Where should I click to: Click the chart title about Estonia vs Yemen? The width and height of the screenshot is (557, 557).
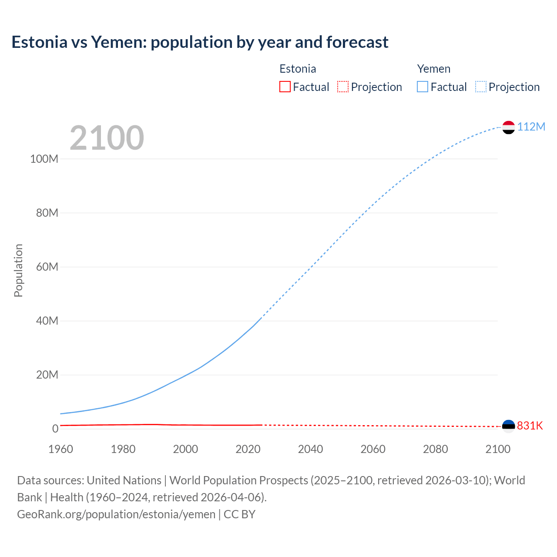coord(200,42)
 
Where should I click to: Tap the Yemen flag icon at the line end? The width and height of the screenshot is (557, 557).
coord(508,127)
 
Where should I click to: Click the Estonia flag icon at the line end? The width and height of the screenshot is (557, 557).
coord(508,426)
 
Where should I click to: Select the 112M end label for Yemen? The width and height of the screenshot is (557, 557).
coord(531,127)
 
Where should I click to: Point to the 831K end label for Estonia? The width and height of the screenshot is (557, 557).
coord(530,426)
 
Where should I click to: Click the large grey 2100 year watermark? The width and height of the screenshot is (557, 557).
coord(107,138)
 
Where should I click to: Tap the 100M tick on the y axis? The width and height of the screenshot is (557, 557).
coord(44,159)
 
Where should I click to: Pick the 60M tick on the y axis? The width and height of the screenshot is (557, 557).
coord(47,267)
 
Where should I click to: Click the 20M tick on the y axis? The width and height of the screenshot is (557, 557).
coord(47,375)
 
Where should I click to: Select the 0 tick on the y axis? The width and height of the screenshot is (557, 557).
coord(55,429)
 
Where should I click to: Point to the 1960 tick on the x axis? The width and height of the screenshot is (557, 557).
coord(60,449)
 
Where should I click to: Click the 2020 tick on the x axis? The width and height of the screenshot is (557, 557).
coord(248,449)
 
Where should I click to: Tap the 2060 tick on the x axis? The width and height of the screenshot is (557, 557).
coord(373,449)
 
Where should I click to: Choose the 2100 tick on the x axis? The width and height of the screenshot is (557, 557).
coord(498,449)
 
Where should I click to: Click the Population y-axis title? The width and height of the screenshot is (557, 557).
coord(18,270)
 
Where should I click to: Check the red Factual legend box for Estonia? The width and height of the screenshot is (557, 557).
coord(285,87)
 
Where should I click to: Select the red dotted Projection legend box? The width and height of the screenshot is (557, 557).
coord(343,87)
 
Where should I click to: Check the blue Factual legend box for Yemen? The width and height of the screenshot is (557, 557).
coord(423,87)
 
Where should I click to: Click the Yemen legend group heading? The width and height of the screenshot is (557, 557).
coord(434,69)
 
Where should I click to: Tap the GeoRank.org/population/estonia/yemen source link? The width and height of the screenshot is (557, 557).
coord(116,514)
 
